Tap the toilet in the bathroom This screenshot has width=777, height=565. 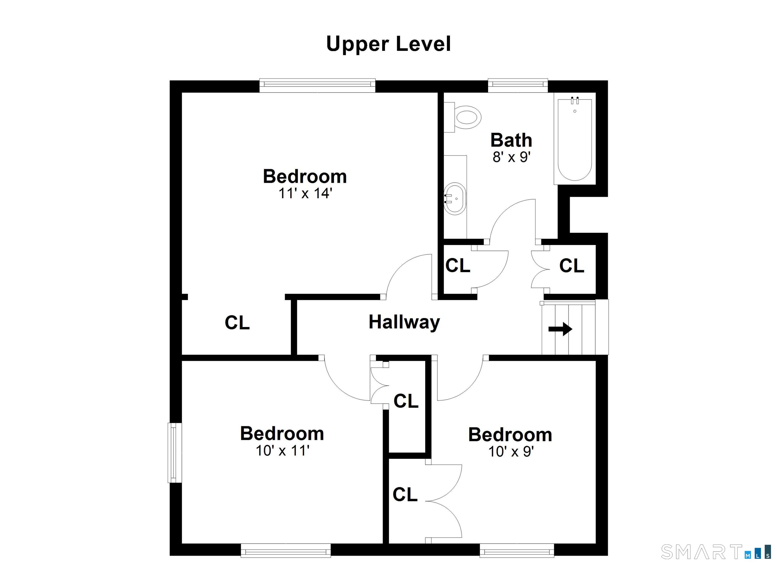[x=463, y=117]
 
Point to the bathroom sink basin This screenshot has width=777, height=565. [x=455, y=199]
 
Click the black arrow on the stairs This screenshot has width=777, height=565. [x=560, y=329]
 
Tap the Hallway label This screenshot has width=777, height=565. [x=404, y=322]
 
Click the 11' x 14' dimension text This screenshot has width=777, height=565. [x=305, y=193]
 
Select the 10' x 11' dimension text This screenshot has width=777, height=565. [x=283, y=451]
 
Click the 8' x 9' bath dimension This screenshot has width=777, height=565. [x=511, y=157]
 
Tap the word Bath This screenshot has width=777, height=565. [x=511, y=140]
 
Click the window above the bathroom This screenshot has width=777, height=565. [x=518, y=86]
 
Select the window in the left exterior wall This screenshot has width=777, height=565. [x=175, y=453]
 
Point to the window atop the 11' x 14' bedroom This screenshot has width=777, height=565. [x=317, y=86]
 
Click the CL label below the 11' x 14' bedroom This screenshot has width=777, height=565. [x=237, y=323]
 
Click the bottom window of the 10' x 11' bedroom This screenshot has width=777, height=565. [x=286, y=551]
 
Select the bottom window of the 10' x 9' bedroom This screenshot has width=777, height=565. [x=517, y=551]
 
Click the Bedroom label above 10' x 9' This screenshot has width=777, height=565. [x=510, y=435]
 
